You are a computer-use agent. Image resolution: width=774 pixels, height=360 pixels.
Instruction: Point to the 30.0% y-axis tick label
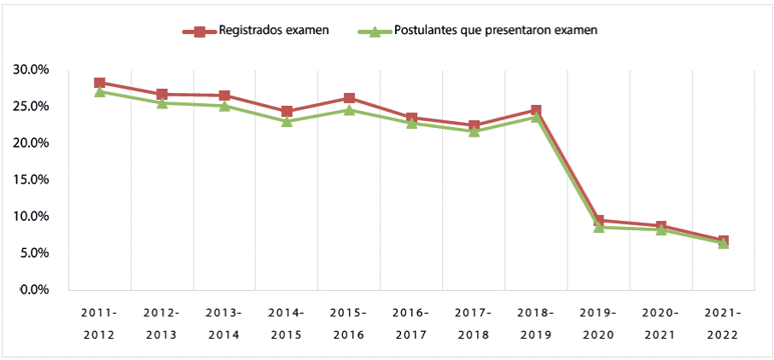click(32, 70)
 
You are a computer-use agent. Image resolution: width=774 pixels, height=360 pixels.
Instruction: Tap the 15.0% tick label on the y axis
click(32, 180)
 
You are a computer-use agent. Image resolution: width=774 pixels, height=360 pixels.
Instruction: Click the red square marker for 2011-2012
click(100, 83)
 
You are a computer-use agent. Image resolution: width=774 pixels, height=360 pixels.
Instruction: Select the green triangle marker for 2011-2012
click(100, 91)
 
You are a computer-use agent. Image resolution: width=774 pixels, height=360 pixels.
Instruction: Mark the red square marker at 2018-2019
click(536, 110)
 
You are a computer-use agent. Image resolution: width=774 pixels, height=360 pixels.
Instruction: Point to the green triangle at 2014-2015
click(287, 121)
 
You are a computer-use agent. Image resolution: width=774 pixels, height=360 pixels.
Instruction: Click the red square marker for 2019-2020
click(598, 221)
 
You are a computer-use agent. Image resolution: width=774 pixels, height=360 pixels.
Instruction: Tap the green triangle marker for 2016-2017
click(411, 123)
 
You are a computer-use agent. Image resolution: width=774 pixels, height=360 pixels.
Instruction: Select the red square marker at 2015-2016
click(349, 98)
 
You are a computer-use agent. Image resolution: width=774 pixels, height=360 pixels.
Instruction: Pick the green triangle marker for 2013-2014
click(224, 106)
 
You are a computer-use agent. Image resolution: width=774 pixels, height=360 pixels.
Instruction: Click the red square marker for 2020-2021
click(661, 226)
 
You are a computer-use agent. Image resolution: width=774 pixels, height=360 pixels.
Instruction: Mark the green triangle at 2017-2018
click(474, 131)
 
